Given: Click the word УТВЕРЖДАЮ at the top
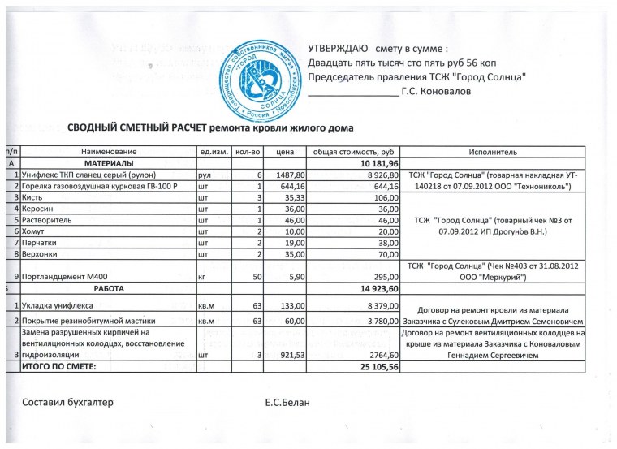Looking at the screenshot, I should click(338, 48).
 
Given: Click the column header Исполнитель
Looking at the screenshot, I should click(493, 152).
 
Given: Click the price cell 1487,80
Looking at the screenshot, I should click(290, 175).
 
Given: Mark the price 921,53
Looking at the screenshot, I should click(290, 355).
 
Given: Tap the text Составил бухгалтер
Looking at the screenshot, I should click(67, 403).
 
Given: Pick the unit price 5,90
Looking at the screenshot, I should click(295, 277).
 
